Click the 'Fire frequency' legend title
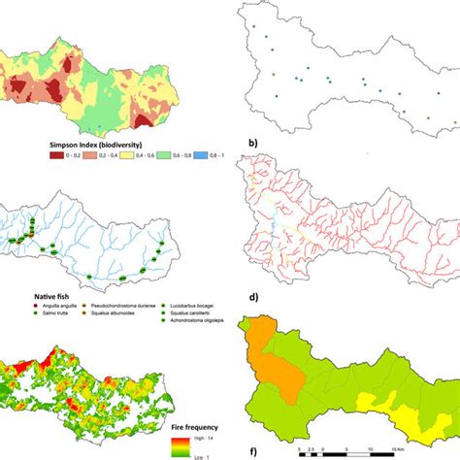click(x=197, y=425)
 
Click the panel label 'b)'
click(x=253, y=144)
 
